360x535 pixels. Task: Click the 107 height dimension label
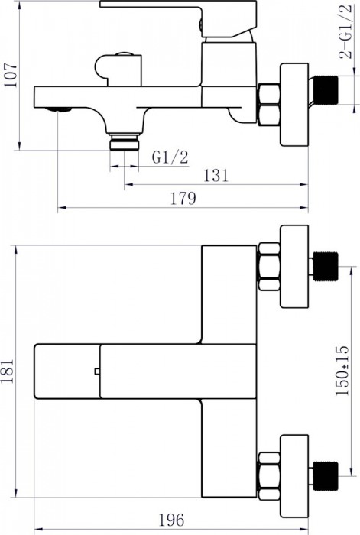pyautogui.click(x=11, y=76)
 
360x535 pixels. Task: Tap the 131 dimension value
pyautogui.click(x=216, y=175)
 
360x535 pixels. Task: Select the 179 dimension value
pyautogui.click(x=183, y=198)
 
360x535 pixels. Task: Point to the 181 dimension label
pyautogui.click(x=7, y=371)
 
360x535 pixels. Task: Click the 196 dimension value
pyautogui.click(x=171, y=520)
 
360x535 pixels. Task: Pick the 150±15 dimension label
pyautogui.click(x=342, y=371)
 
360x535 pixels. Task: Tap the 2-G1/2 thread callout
pyautogui.click(x=345, y=32)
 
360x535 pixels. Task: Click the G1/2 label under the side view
pyautogui.click(x=170, y=157)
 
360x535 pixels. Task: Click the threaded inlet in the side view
pyautogui.click(x=326, y=89)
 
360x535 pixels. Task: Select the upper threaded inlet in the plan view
pyautogui.click(x=326, y=267)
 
